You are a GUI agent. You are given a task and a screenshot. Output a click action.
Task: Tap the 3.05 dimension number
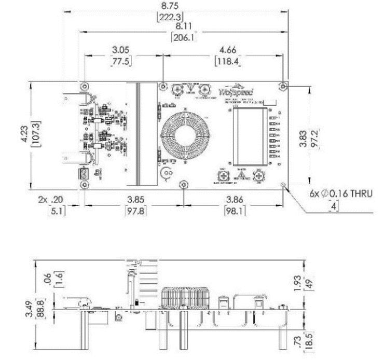(x=120, y=50)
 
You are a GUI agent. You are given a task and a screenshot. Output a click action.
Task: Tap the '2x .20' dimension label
(x=53, y=199)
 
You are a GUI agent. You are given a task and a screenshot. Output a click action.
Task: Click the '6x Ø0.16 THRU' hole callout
(x=338, y=193)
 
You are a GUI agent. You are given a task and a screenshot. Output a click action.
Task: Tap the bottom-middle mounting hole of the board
(x=183, y=185)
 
